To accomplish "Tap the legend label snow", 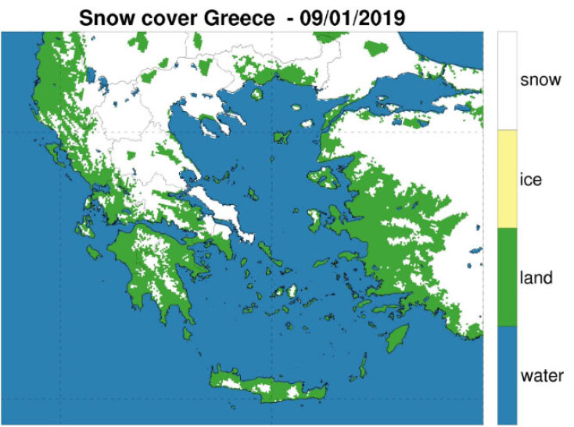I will pos(540,80).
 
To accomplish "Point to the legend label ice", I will pos(530,179).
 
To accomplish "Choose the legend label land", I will pos(536,278).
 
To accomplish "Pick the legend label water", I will pos(541,376).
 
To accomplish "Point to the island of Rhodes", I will pos(399,338).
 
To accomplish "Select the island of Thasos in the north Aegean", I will pos(257,93).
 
